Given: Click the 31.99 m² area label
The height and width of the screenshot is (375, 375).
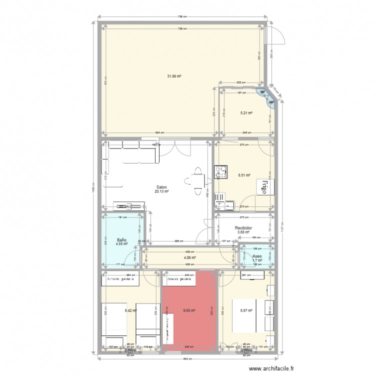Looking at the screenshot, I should pyautogui.click(x=174, y=76).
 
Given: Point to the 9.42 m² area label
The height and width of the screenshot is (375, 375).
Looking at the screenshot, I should pyautogui.click(x=130, y=310).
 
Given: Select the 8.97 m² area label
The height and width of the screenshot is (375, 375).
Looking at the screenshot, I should pyautogui.click(x=246, y=310).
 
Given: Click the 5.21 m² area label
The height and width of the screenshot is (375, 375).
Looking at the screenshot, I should pyautogui.click(x=246, y=113).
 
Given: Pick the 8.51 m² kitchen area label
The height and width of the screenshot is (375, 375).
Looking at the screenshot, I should pyautogui.click(x=244, y=175).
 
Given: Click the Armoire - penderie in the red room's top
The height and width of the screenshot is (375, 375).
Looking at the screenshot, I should pyautogui.click(x=180, y=279).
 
